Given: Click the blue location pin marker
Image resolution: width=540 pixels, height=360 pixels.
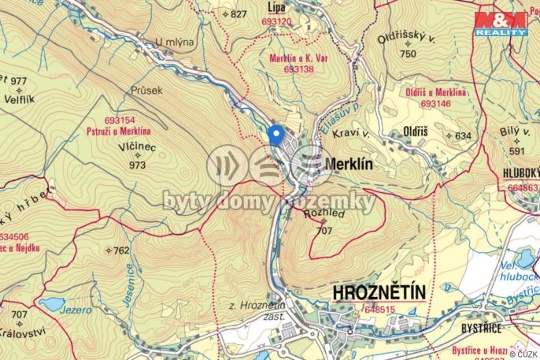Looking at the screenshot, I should (275, 135).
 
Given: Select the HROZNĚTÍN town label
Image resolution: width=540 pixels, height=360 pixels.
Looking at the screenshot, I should (379, 293).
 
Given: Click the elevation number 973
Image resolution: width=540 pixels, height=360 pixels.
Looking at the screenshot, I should (138, 165).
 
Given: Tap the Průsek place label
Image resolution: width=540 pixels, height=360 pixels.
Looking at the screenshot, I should (147, 91).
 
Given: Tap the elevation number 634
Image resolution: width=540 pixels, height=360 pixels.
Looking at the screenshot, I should (462, 135).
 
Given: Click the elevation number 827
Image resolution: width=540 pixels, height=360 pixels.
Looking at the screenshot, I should (238, 14).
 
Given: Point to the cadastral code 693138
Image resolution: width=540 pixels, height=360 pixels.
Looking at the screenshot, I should (286, 69).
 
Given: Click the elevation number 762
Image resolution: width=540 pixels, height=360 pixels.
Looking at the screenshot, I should (120, 251).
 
